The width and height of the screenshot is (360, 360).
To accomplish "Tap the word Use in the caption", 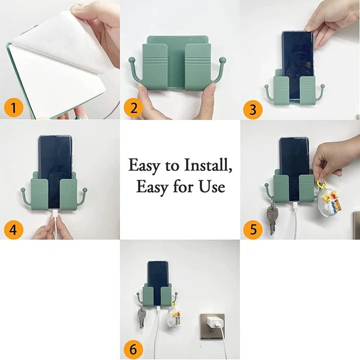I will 213,187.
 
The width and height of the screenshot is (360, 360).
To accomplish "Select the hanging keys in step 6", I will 142,317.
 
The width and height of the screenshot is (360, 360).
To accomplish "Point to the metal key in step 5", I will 271,218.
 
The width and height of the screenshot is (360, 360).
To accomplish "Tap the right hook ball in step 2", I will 224,60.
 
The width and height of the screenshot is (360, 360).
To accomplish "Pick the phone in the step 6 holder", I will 157,277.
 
